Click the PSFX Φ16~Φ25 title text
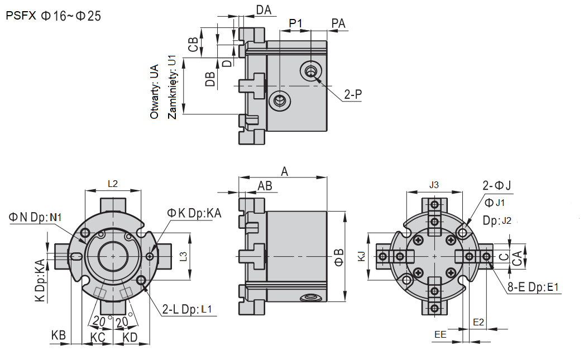[54, 16]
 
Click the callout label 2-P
[353, 95]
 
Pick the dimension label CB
[193, 45]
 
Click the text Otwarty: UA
[155, 92]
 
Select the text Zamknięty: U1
[172, 87]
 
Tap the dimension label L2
[113, 183]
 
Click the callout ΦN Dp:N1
[36, 217]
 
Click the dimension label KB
[59, 335]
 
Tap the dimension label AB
[265, 186]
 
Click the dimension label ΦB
[339, 256]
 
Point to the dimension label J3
[434, 185]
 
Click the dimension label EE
[441, 334]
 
